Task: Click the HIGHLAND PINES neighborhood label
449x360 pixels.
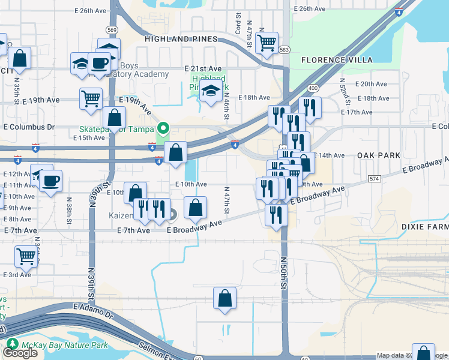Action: (181, 39)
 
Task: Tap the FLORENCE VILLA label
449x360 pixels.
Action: (337, 60)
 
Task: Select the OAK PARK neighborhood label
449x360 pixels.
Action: (378, 155)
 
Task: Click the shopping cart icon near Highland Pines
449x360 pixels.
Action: (266, 43)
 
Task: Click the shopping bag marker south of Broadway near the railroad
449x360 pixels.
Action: (224, 298)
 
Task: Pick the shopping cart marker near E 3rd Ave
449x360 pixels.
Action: (26, 256)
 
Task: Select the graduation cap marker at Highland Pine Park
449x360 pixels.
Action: (211, 92)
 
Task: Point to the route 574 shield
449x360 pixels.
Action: (375, 179)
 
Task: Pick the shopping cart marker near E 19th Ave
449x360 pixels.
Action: (91, 98)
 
